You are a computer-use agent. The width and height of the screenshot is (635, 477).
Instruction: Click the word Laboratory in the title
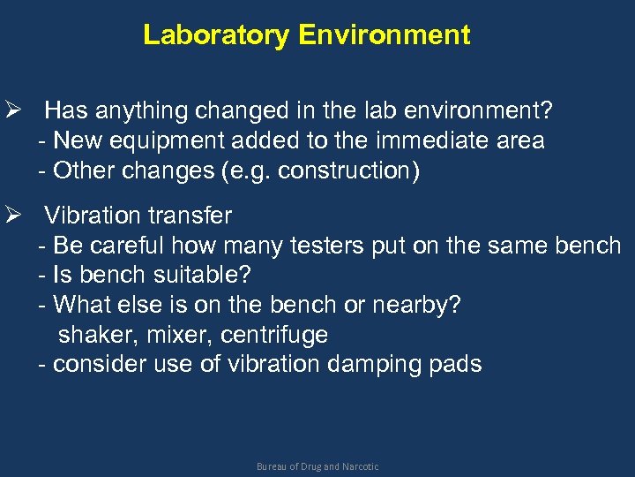point(217,35)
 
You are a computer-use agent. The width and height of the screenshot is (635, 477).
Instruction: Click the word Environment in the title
point(384,35)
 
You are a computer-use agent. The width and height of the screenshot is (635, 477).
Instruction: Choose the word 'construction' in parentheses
point(347,170)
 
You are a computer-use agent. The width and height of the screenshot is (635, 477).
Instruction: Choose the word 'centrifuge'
point(274,336)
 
